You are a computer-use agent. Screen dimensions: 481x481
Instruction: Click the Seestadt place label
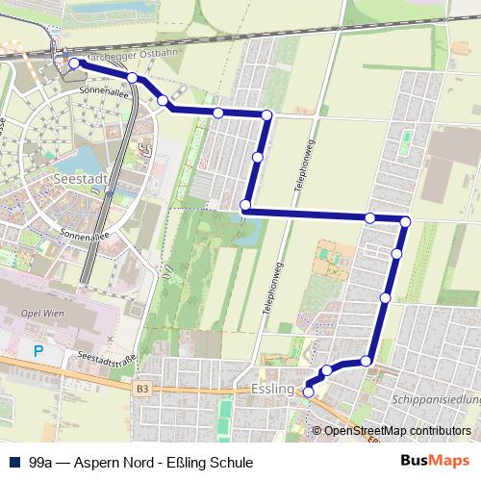pyautogui.click(x=83, y=179)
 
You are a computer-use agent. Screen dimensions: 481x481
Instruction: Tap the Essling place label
pyautogui.click(x=271, y=389)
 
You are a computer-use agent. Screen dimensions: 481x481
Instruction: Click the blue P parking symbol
pyautogui.click(x=38, y=352)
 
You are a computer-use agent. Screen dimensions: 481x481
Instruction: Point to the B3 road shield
pyautogui.click(x=142, y=389)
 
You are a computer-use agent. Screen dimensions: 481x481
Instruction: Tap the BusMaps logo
pyautogui.click(x=436, y=461)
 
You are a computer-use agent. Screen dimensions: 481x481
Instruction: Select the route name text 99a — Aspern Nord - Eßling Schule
pyautogui.click(x=141, y=463)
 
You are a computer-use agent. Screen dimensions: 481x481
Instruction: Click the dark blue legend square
pyautogui.click(x=13, y=463)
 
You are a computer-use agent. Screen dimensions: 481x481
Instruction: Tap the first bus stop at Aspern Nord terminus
pyautogui.click(x=74, y=63)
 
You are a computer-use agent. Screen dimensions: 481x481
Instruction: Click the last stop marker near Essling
pyautogui.click(x=309, y=392)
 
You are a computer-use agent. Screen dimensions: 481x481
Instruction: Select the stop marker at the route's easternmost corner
pyautogui.click(x=405, y=222)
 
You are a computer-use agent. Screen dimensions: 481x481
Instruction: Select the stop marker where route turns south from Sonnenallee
pyautogui.click(x=266, y=115)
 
